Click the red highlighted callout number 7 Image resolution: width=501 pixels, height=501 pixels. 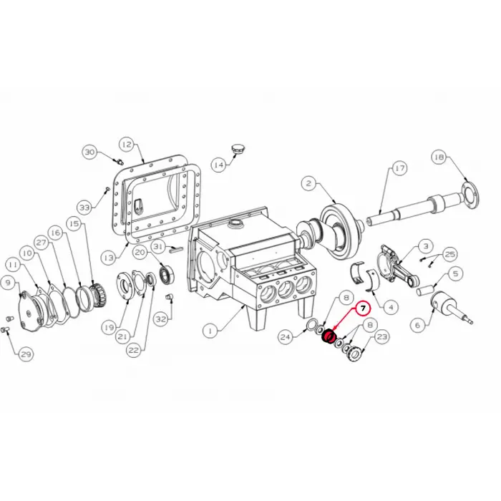click(363, 309)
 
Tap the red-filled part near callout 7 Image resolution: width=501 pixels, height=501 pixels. click(328, 336)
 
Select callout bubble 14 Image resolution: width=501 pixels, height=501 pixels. click(219, 165)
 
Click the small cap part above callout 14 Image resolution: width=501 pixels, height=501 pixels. click(237, 150)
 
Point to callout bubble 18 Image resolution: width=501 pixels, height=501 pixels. click(439, 157)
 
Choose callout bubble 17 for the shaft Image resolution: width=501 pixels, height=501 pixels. click(399, 168)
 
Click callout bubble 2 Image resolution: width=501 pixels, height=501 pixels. click(308, 183)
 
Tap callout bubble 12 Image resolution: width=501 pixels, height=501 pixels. click(127, 145)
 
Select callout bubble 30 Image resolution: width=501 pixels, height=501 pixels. click(89, 152)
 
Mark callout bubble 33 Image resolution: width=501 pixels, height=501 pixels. click(84, 208)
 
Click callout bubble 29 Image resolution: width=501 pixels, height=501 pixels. click(26, 354)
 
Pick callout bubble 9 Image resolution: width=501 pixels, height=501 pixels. click(9, 283)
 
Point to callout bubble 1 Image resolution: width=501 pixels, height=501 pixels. click(210, 331)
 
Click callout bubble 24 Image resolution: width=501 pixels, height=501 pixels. click(286, 337)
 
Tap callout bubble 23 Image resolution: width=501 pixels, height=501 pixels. click(382, 336)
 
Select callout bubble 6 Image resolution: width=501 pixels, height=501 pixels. click(417, 325)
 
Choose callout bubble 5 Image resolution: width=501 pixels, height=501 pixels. click(455, 273)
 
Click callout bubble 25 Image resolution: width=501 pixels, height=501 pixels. click(450, 254)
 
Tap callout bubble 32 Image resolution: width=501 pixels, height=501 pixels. click(161, 319)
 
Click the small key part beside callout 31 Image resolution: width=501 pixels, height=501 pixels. click(175, 248)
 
